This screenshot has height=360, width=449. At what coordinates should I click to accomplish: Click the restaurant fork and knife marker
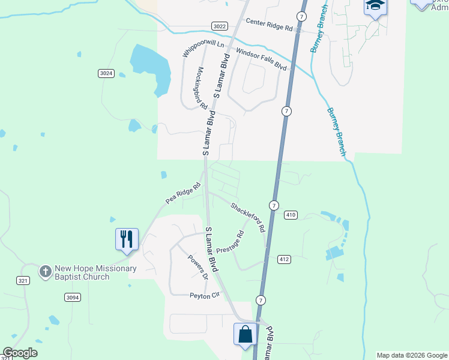coord(127,239)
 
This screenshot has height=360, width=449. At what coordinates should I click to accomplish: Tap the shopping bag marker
coord(245,335)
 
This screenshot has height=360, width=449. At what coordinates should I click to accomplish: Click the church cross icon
coord(45,272)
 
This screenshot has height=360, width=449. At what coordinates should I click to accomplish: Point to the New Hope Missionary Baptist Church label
coord(95,272)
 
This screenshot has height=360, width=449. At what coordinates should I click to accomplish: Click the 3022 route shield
coord(220,26)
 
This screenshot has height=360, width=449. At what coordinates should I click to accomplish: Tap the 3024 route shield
coord(106,73)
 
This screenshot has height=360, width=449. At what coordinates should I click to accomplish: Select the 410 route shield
coord(291,215)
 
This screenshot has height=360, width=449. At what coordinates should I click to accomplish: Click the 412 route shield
coord(285,259)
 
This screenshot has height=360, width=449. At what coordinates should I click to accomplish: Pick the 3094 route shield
coord(73,297)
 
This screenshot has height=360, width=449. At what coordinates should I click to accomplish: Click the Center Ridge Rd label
coord(269,28)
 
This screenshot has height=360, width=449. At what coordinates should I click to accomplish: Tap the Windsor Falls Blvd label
coord(262,60)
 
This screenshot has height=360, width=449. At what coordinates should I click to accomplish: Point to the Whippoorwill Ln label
coord(203,47)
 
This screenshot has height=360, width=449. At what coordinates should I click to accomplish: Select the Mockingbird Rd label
coord(201,88)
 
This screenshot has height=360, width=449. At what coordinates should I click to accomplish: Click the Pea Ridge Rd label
coord(183,193)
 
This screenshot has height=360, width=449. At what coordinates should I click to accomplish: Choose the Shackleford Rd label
coord(248,217)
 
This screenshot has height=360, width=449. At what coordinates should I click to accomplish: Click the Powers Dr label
coord(197,267)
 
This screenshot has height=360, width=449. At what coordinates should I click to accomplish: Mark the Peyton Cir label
coord(206,295)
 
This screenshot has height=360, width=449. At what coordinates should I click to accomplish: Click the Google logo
coord(20,353)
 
